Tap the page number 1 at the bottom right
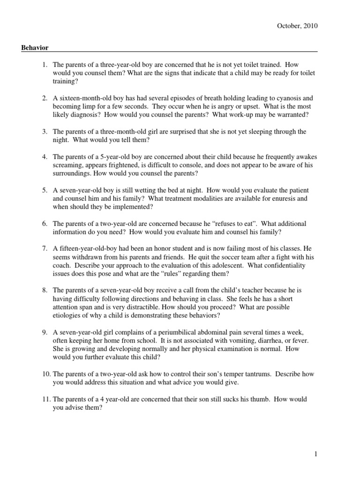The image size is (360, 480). [316, 454]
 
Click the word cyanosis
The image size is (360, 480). [292, 98]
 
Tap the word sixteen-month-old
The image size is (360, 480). [82, 98]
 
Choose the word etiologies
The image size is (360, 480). [67, 315]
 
